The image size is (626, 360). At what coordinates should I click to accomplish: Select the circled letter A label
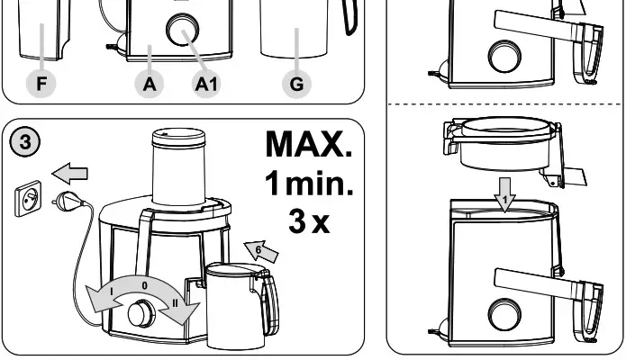click(150, 84)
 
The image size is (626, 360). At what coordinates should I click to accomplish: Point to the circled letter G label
click(296, 84)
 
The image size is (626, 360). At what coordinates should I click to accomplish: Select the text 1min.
click(309, 184)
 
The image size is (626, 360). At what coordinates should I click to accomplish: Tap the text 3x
click(309, 221)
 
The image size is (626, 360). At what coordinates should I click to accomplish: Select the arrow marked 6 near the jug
click(263, 251)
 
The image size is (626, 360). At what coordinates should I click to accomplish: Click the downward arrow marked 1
click(507, 198)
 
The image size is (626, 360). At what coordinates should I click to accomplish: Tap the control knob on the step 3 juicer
click(140, 313)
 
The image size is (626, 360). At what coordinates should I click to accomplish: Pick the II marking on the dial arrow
click(174, 301)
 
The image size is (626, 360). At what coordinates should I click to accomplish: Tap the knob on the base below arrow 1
click(504, 314)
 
